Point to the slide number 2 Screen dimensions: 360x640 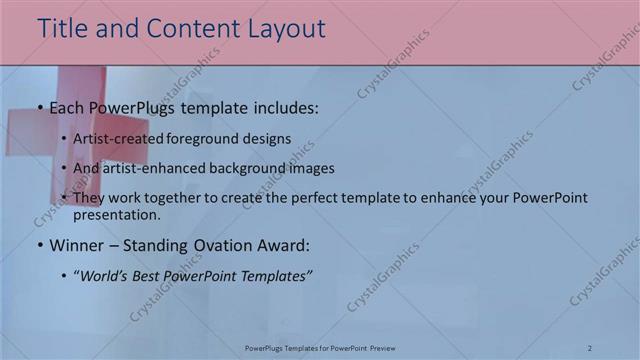point(590,348)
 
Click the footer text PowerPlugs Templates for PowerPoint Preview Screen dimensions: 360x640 point(320,348)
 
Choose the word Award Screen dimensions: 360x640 point(286,244)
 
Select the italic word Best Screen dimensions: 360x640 point(149,274)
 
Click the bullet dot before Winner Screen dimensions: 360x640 point(39,245)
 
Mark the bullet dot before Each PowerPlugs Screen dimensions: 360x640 point(39,108)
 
